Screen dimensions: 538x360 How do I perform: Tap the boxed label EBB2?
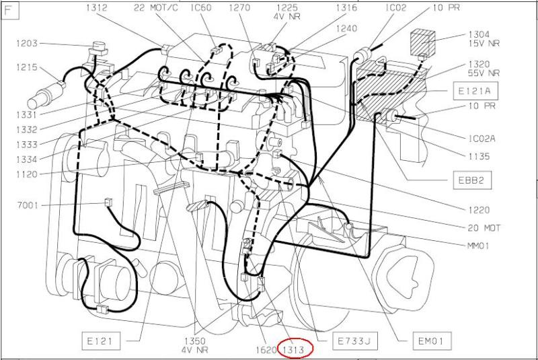471,180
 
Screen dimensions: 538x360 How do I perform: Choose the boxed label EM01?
431,340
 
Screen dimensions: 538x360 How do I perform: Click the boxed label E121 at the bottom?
101,340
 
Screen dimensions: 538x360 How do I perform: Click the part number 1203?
27,44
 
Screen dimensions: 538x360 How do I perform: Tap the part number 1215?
27,67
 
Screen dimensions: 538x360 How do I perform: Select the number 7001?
28,205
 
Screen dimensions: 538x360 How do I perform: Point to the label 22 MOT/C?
156,7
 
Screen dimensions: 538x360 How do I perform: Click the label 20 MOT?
484,228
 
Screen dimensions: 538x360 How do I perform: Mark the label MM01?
478,246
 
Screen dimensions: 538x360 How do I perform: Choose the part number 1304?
479,34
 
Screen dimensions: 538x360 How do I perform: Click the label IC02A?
482,139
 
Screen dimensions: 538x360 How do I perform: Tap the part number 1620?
266,350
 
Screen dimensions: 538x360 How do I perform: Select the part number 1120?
27,174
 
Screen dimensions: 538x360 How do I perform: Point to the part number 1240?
346,28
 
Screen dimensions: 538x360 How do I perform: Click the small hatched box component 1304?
423,42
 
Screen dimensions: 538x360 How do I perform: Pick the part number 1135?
479,156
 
